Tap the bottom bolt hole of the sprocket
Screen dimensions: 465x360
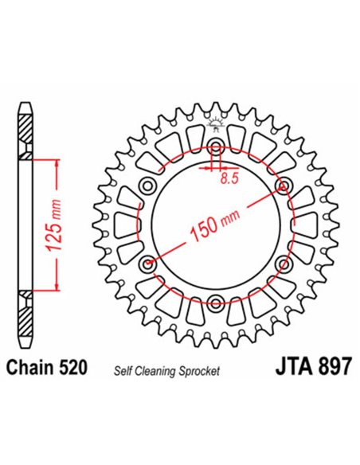216,303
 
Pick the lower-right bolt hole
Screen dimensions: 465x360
283,264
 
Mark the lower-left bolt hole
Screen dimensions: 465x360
148,264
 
